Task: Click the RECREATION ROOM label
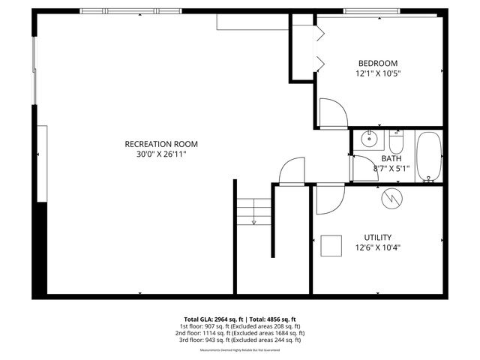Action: coord(161,143)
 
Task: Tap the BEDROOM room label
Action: coord(377,63)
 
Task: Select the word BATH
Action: coord(391,158)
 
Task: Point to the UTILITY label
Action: coord(377,237)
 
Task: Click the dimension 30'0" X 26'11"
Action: coord(161,154)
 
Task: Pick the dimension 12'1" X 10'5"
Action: coord(377,73)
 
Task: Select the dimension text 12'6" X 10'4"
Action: coord(377,247)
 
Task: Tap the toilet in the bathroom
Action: coord(396,141)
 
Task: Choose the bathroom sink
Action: coord(368,139)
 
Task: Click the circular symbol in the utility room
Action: coord(392,198)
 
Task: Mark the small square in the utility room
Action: coord(330,245)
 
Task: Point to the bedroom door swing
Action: coord(332,114)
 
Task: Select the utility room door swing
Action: coord(328,199)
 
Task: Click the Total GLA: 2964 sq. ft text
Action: coord(213,319)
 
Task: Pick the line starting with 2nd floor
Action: coord(240,333)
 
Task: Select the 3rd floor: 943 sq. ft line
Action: coord(240,340)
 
